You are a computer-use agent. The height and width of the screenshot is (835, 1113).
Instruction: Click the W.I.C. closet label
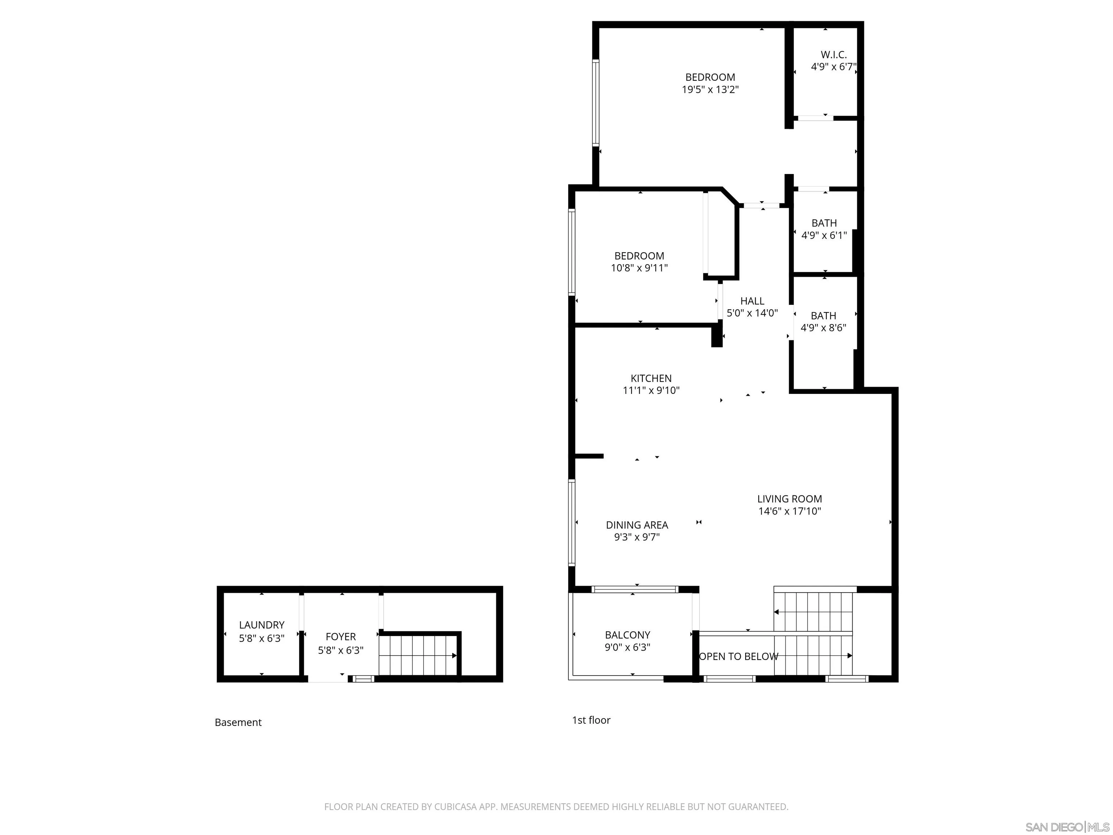[x=833, y=55]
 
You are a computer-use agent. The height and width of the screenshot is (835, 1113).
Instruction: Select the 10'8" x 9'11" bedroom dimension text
[x=639, y=268]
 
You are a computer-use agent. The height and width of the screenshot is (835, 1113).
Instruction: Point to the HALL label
[x=752, y=301]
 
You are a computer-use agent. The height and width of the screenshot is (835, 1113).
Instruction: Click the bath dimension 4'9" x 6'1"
[x=824, y=236]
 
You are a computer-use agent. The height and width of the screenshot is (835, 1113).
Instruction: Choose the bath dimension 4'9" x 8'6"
[x=823, y=328]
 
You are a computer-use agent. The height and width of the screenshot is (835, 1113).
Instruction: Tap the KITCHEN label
[x=651, y=378]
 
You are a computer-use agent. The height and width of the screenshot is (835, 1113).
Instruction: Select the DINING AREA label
[x=637, y=525]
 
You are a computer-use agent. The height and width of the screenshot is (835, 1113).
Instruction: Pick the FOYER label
[x=341, y=637]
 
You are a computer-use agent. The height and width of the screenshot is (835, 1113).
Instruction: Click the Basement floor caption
[x=238, y=723]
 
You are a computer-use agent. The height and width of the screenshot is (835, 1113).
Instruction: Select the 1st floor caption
[x=591, y=720]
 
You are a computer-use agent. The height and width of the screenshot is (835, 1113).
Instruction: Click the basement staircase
[x=418, y=655]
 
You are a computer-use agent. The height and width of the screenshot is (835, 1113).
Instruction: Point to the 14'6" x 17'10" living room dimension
[x=789, y=512]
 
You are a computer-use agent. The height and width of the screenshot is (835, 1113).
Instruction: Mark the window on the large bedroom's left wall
[x=596, y=102]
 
